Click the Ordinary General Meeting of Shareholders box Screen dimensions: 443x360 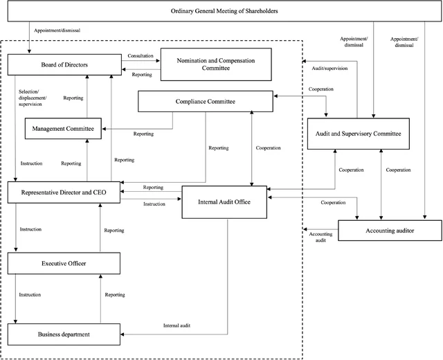point(224,11)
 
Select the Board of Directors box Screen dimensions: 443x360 point(64,64)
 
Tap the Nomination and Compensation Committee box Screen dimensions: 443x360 point(216,64)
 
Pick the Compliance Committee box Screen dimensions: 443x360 point(206,102)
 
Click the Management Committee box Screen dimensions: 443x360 point(63,129)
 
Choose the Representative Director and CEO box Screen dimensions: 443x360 point(64,192)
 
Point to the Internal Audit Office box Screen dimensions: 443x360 point(224,202)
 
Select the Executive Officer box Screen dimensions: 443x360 point(64,263)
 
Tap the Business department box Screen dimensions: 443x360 point(64,334)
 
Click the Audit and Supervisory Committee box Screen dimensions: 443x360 point(359,134)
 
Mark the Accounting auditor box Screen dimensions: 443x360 point(390,231)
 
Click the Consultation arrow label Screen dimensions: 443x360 point(141,55)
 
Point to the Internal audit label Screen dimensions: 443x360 point(177,325)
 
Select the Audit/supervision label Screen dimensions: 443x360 point(329,68)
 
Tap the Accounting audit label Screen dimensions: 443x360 point(320,237)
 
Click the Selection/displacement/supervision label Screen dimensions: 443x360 point(33,98)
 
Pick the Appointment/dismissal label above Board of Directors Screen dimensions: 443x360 point(57,30)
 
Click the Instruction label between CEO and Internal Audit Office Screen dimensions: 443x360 point(154,204)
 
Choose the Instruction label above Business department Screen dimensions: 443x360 point(30,295)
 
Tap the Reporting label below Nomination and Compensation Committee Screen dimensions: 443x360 point(142,75)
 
